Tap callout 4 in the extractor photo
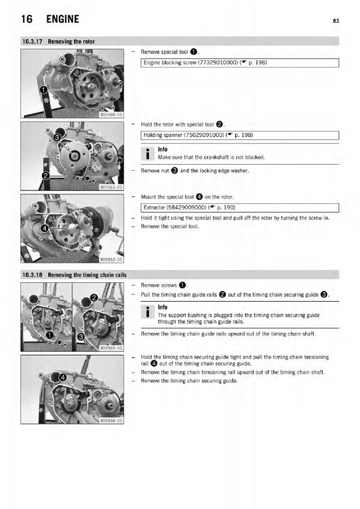pos(45,228)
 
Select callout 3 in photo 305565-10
pos(80,336)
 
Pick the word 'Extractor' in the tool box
pos(157,207)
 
